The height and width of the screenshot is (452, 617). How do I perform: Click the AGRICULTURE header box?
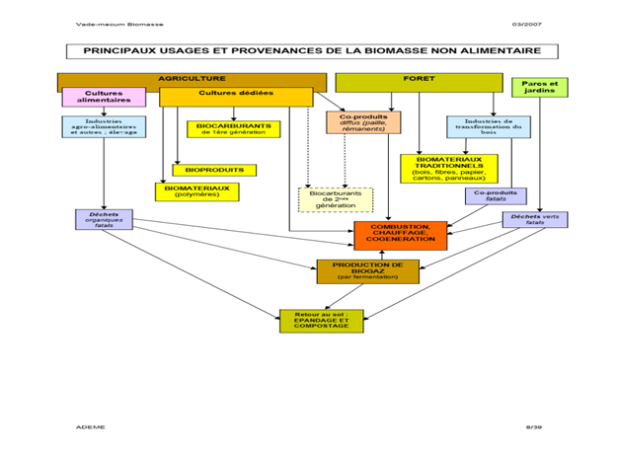192,80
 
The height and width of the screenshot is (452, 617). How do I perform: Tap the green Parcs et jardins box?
539,87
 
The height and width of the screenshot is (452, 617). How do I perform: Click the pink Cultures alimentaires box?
104,97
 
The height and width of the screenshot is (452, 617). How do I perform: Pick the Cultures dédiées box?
236,96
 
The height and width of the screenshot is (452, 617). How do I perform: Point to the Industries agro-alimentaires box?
104,126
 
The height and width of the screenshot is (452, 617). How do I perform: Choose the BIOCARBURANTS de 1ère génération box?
233,129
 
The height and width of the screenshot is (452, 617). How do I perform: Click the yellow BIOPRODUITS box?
213,170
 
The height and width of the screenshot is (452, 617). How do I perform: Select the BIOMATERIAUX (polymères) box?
196,190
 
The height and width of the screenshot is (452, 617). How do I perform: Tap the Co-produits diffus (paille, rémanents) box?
363,122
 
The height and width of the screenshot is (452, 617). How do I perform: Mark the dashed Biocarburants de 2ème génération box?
336,198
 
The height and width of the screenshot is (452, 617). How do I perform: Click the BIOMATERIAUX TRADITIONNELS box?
449,168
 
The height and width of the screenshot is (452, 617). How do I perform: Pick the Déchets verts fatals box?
534,219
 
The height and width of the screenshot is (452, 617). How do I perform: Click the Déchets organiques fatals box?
104,219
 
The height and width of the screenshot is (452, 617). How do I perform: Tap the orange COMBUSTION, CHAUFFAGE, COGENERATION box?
400,235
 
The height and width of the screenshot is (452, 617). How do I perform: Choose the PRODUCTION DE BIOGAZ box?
367,269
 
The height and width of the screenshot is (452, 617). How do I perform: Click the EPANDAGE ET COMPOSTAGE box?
321,321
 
